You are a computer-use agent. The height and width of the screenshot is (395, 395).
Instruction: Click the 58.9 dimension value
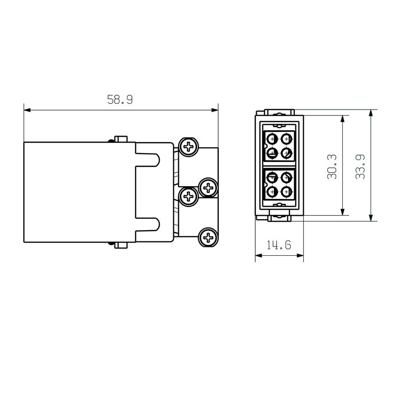pos(120,100)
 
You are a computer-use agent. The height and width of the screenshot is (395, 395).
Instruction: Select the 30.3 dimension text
pos(332,167)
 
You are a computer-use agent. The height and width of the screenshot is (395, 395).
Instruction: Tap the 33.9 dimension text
pos(360,167)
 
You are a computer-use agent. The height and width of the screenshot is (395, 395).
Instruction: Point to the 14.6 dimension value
pos(279,245)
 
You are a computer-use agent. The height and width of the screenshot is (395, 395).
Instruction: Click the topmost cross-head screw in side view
pos(188,147)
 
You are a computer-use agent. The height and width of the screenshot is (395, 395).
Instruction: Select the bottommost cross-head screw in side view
pos(208,237)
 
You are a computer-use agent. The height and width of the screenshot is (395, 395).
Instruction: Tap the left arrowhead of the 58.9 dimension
pos(27,110)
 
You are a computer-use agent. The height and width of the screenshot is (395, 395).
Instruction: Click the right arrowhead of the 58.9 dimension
pos(215,110)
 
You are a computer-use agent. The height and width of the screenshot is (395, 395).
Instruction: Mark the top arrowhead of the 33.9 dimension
pos(371,113)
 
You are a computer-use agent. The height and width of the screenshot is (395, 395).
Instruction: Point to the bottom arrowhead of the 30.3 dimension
pos(342,212)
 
